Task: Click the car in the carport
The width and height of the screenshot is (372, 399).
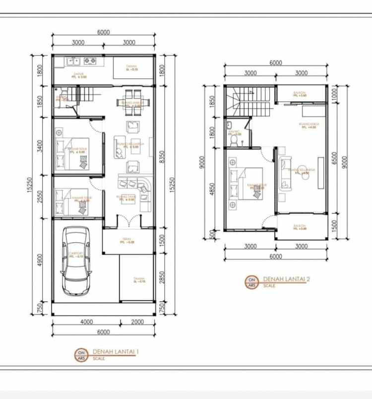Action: point(76,261)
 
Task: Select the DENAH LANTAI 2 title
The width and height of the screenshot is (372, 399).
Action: point(286,279)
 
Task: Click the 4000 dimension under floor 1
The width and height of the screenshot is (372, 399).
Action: point(86,322)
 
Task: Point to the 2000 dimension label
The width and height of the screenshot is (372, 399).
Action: point(137,322)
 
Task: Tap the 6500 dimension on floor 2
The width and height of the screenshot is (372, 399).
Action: point(335,158)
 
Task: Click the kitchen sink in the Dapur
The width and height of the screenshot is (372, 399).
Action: point(73,61)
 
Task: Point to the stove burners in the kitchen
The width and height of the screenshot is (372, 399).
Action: point(90,61)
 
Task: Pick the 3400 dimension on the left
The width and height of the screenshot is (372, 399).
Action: point(40,146)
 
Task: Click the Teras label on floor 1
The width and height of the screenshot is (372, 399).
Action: point(127,241)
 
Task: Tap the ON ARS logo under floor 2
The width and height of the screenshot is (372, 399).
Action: point(252,282)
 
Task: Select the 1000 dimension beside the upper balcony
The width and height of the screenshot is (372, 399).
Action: point(335,93)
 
